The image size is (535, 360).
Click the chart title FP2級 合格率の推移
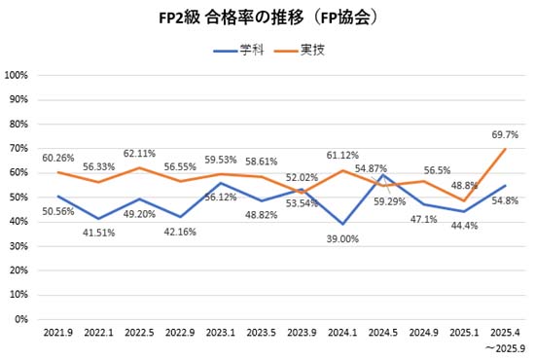click(x=267, y=18)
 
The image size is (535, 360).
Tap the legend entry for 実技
click(x=312, y=49)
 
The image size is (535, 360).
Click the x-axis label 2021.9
click(x=58, y=333)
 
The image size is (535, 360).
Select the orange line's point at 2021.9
click(x=58, y=172)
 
